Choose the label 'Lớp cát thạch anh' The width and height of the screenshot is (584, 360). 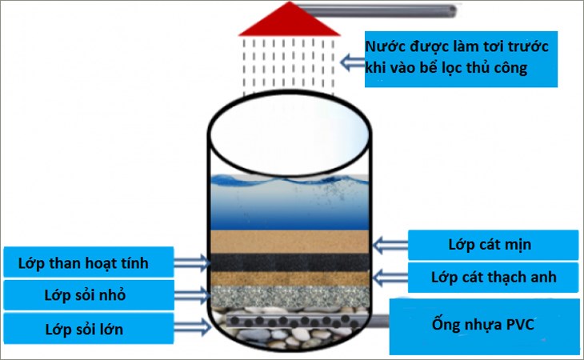[492, 278]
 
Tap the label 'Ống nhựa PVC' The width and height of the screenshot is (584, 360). [484, 325]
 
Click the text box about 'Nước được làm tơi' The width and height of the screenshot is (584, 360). [459, 58]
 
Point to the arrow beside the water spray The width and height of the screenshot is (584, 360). [351, 60]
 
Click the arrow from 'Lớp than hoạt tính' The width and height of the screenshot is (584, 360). [192, 261]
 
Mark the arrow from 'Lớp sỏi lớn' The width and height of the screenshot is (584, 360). [192, 324]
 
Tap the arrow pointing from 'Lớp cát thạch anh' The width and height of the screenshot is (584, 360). [390, 277]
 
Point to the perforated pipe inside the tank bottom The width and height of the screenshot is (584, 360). [290, 320]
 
